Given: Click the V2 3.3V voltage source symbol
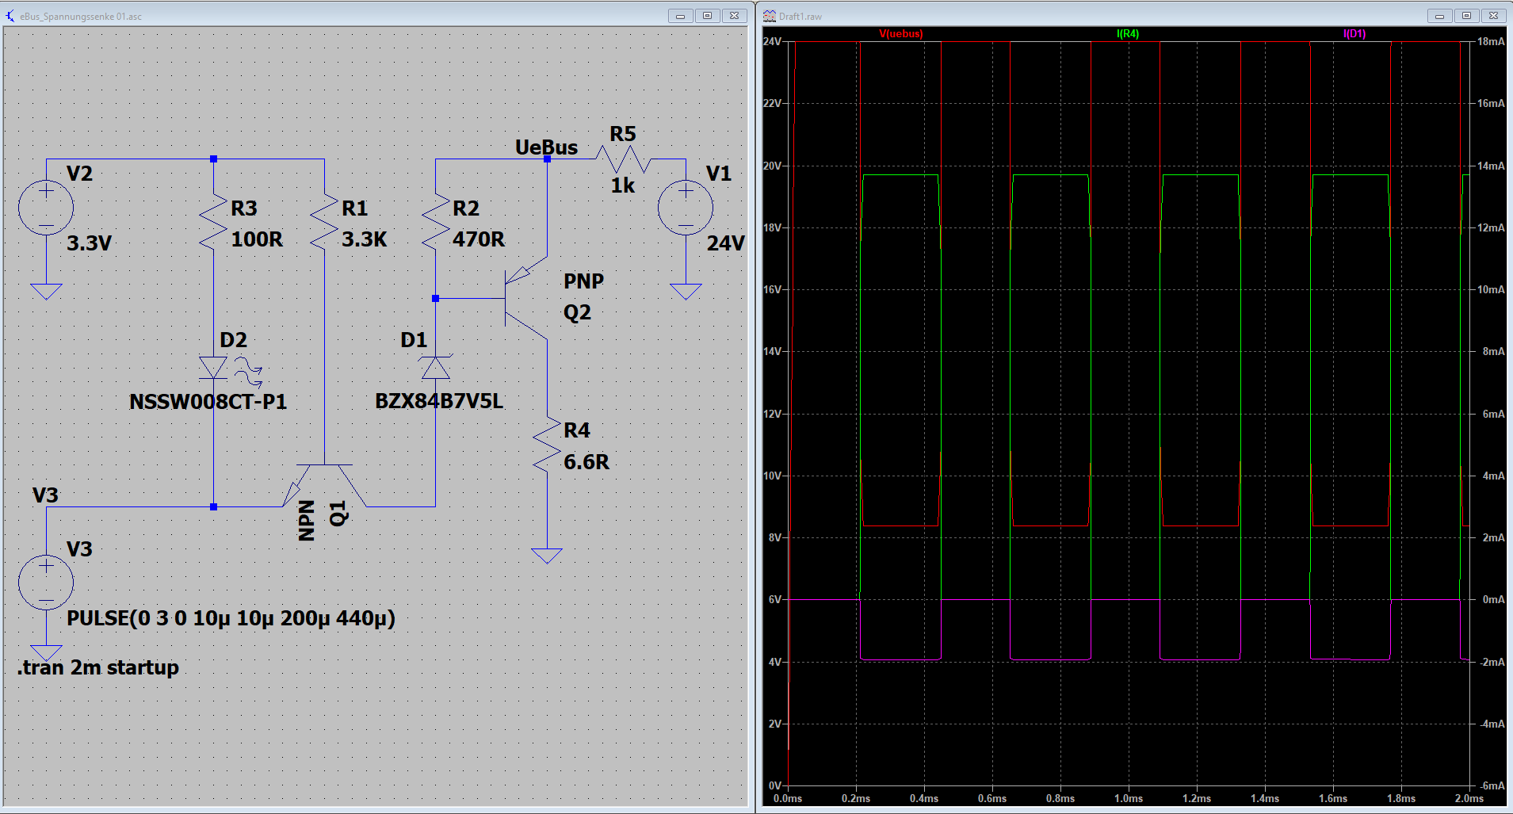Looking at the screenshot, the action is [46, 208].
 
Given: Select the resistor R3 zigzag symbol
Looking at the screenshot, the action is [213, 223].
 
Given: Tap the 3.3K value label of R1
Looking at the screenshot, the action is [364, 239].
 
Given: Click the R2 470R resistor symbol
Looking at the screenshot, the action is [435, 223].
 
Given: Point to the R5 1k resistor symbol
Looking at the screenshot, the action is [623, 159].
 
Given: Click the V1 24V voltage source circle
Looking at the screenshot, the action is [686, 208].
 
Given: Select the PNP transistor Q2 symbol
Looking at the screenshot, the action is [525, 298].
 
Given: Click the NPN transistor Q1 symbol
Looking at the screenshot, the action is [324, 485].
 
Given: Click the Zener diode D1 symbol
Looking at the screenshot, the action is [435, 367].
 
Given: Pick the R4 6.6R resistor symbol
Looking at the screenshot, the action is [547, 446].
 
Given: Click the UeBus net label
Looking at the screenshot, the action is [546, 147].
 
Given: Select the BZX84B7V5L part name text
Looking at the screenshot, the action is [439, 401].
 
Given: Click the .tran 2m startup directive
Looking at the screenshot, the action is [98, 667].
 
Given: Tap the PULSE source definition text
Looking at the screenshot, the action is [231, 618].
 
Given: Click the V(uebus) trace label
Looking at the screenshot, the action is [901, 34].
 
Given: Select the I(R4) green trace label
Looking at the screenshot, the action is [1128, 34].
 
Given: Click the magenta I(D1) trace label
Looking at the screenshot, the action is [1354, 34].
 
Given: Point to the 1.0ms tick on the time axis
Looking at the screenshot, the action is [1129, 798].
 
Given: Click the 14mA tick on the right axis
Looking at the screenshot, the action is [1491, 166].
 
